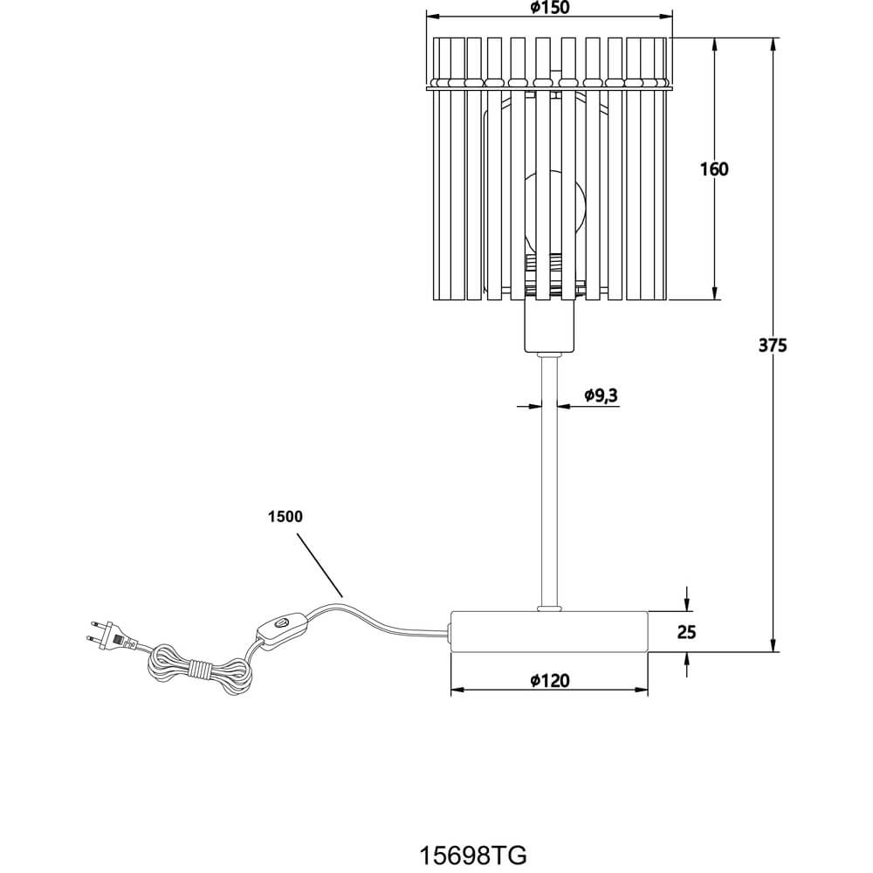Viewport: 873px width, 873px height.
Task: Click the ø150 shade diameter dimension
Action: (x=549, y=8)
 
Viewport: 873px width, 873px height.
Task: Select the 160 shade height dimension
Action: (x=714, y=168)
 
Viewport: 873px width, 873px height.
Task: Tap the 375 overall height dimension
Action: (x=773, y=345)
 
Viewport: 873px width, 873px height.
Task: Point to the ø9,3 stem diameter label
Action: (x=601, y=395)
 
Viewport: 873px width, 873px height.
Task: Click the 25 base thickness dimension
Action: (x=686, y=632)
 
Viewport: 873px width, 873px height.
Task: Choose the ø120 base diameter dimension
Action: (x=549, y=680)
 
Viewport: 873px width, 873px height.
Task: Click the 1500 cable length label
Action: (x=285, y=517)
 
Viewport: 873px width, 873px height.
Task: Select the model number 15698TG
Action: (x=472, y=856)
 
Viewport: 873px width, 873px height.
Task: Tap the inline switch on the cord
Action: (x=281, y=628)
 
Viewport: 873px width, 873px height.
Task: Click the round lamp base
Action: (x=549, y=631)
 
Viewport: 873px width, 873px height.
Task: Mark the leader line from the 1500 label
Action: (x=320, y=566)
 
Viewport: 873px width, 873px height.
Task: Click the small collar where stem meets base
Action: (x=549, y=608)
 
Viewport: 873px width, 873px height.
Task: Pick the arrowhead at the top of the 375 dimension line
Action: (x=773, y=45)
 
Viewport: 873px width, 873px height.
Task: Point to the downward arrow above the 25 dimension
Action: (x=688, y=599)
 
